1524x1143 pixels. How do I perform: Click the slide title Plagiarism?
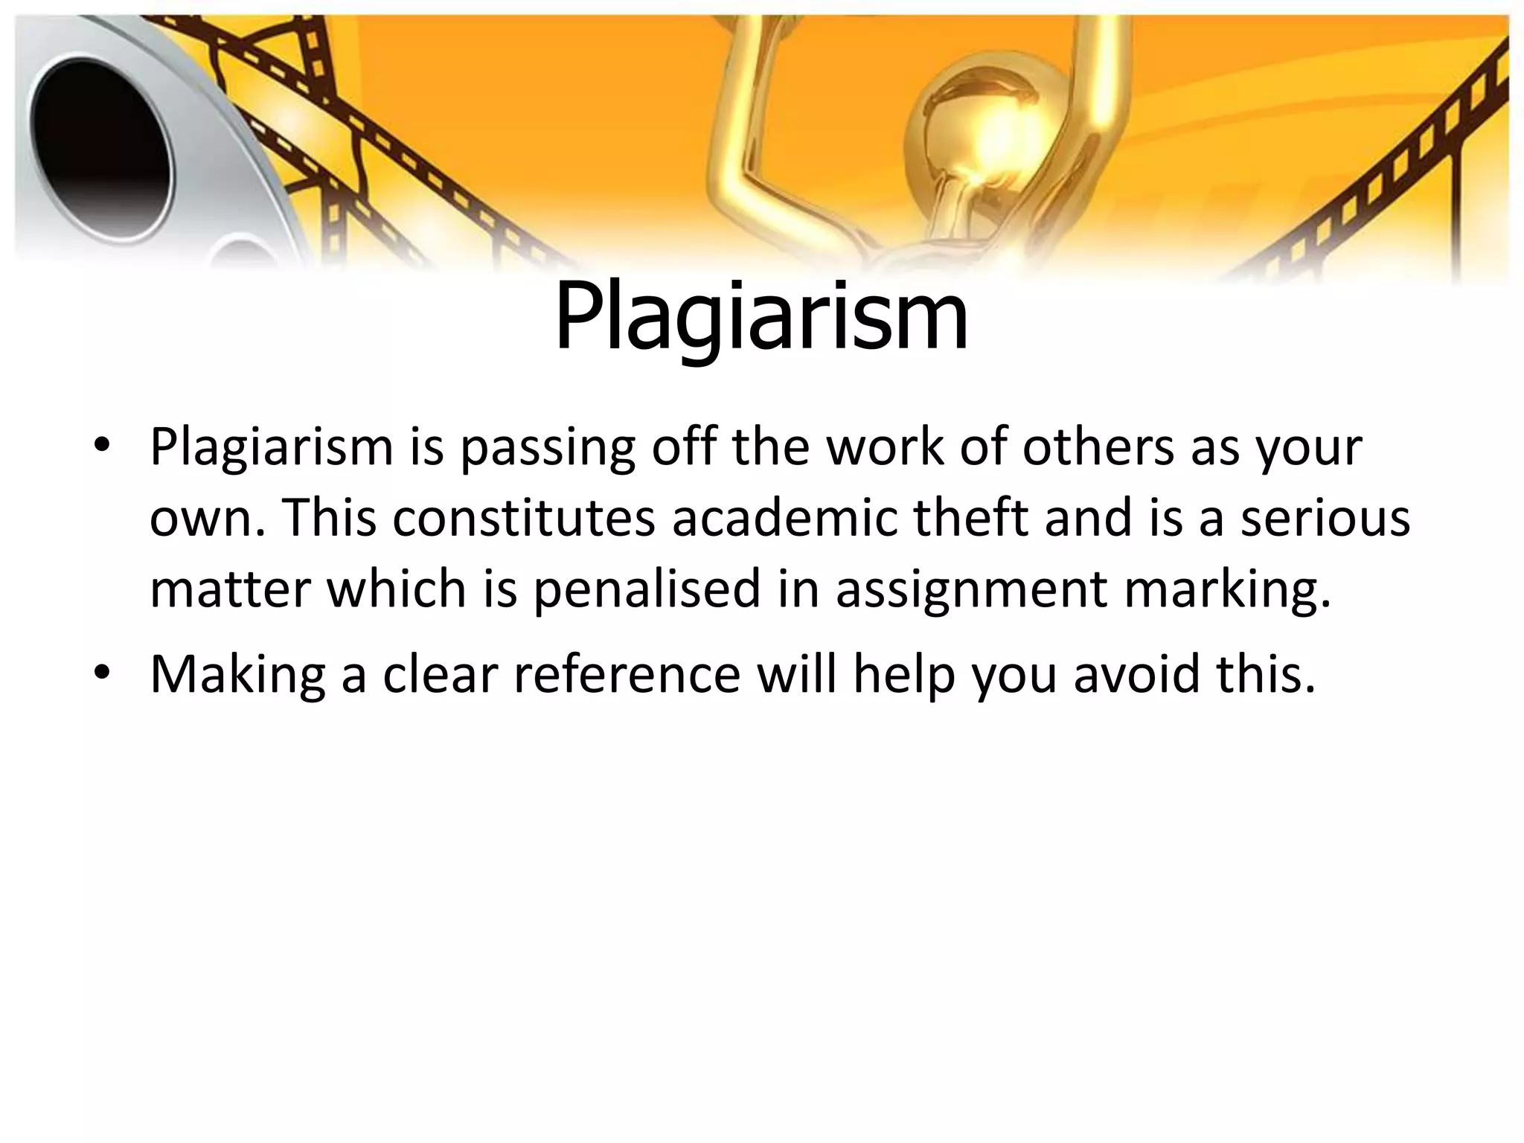coord(761,317)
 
